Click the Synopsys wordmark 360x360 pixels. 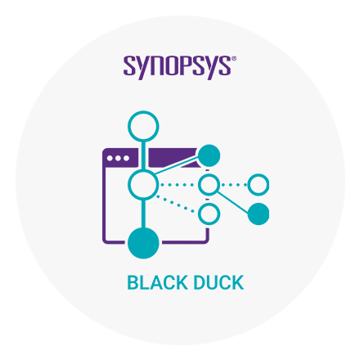178,67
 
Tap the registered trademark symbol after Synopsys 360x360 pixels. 234,59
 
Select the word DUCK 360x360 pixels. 218,282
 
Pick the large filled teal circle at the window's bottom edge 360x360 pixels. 143,243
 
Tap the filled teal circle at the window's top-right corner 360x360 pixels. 209,155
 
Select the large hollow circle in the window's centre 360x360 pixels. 143,172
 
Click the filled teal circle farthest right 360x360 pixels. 259,214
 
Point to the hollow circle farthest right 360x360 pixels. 259,175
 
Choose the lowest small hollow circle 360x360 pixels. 209,205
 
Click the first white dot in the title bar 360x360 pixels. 110,158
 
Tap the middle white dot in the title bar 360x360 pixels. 118,158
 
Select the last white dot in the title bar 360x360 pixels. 126,158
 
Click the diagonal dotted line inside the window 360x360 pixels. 175,203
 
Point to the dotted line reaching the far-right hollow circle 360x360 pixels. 234,185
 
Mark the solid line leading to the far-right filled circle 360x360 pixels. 232,202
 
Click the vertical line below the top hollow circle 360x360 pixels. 143,155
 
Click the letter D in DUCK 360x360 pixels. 200,282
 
